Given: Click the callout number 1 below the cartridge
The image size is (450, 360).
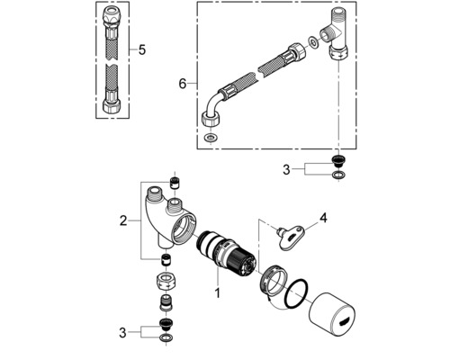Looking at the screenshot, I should click(x=215, y=292).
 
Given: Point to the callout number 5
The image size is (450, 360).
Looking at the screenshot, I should click(x=141, y=49).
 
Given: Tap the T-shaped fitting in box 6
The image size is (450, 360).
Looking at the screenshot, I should click(x=337, y=36).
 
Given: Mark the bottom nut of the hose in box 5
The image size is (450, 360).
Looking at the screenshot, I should click(x=113, y=104).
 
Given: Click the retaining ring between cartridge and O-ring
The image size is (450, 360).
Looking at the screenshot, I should click(x=271, y=281).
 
